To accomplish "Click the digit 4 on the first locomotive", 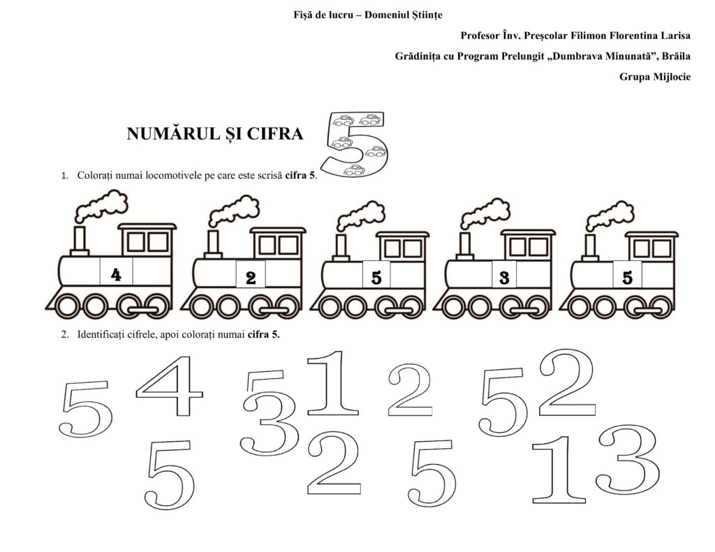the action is pyautogui.click(x=117, y=274).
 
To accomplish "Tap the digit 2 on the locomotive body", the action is pyautogui.click(x=251, y=278).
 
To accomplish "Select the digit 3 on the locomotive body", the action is pyautogui.click(x=504, y=278).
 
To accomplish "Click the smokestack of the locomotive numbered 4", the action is pyautogui.click(x=80, y=241).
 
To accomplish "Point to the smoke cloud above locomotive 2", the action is pyautogui.click(x=234, y=210).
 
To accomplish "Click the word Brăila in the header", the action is pyautogui.click(x=676, y=56).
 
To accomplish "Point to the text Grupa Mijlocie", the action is pyautogui.click(x=654, y=77).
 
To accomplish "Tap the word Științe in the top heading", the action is pyautogui.click(x=427, y=15).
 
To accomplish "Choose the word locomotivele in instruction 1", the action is pyautogui.click(x=173, y=175).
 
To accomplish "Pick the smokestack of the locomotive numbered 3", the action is pyautogui.click(x=465, y=246).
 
